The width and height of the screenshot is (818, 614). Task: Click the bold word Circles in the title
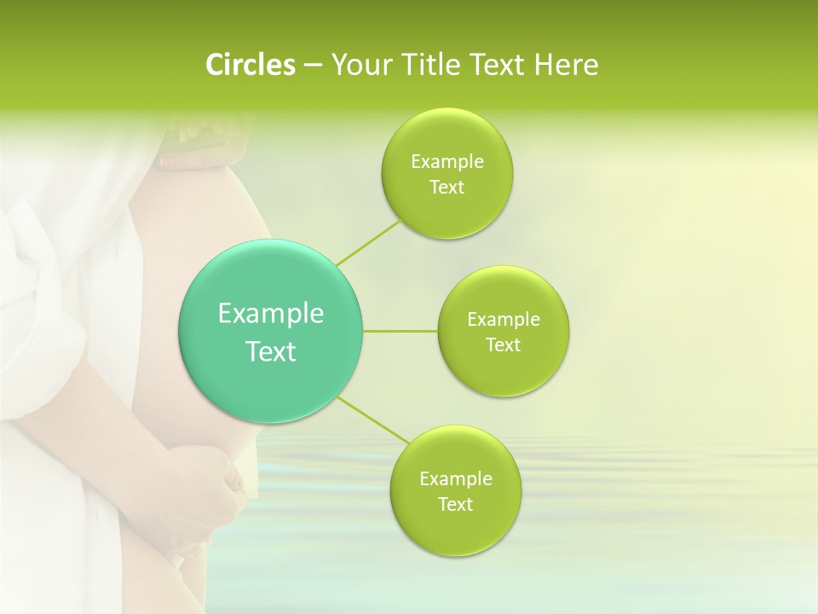tap(250, 65)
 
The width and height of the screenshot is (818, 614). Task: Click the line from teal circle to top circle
tap(368, 242)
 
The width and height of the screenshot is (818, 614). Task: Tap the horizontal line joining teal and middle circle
tap(400, 331)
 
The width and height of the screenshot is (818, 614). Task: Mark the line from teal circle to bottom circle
tap(372, 420)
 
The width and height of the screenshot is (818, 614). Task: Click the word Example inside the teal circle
tap(271, 314)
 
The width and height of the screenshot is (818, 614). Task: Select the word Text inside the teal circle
tap(271, 351)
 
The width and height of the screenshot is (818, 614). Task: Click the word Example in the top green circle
tap(446, 162)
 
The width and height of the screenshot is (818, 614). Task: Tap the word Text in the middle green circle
tap(503, 345)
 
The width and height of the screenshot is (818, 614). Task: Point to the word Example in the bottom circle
tap(455, 479)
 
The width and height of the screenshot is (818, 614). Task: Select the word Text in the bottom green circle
tap(455, 505)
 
